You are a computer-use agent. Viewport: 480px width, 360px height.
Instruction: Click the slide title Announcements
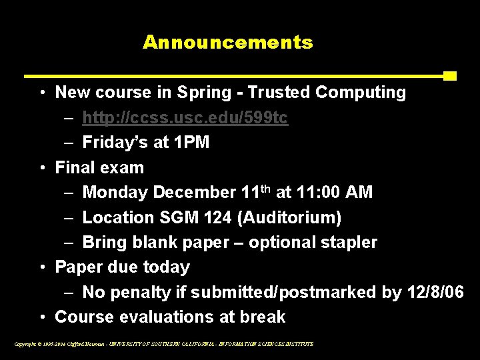[227, 43]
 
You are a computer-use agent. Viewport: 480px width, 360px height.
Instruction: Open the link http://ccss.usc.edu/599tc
[185, 118]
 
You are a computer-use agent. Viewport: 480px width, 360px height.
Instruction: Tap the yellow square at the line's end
[449, 75]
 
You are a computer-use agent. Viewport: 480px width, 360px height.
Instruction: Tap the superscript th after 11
[265, 189]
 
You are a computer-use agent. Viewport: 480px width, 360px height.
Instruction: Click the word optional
[279, 242]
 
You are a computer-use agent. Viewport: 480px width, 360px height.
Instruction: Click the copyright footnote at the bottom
[163, 344]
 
